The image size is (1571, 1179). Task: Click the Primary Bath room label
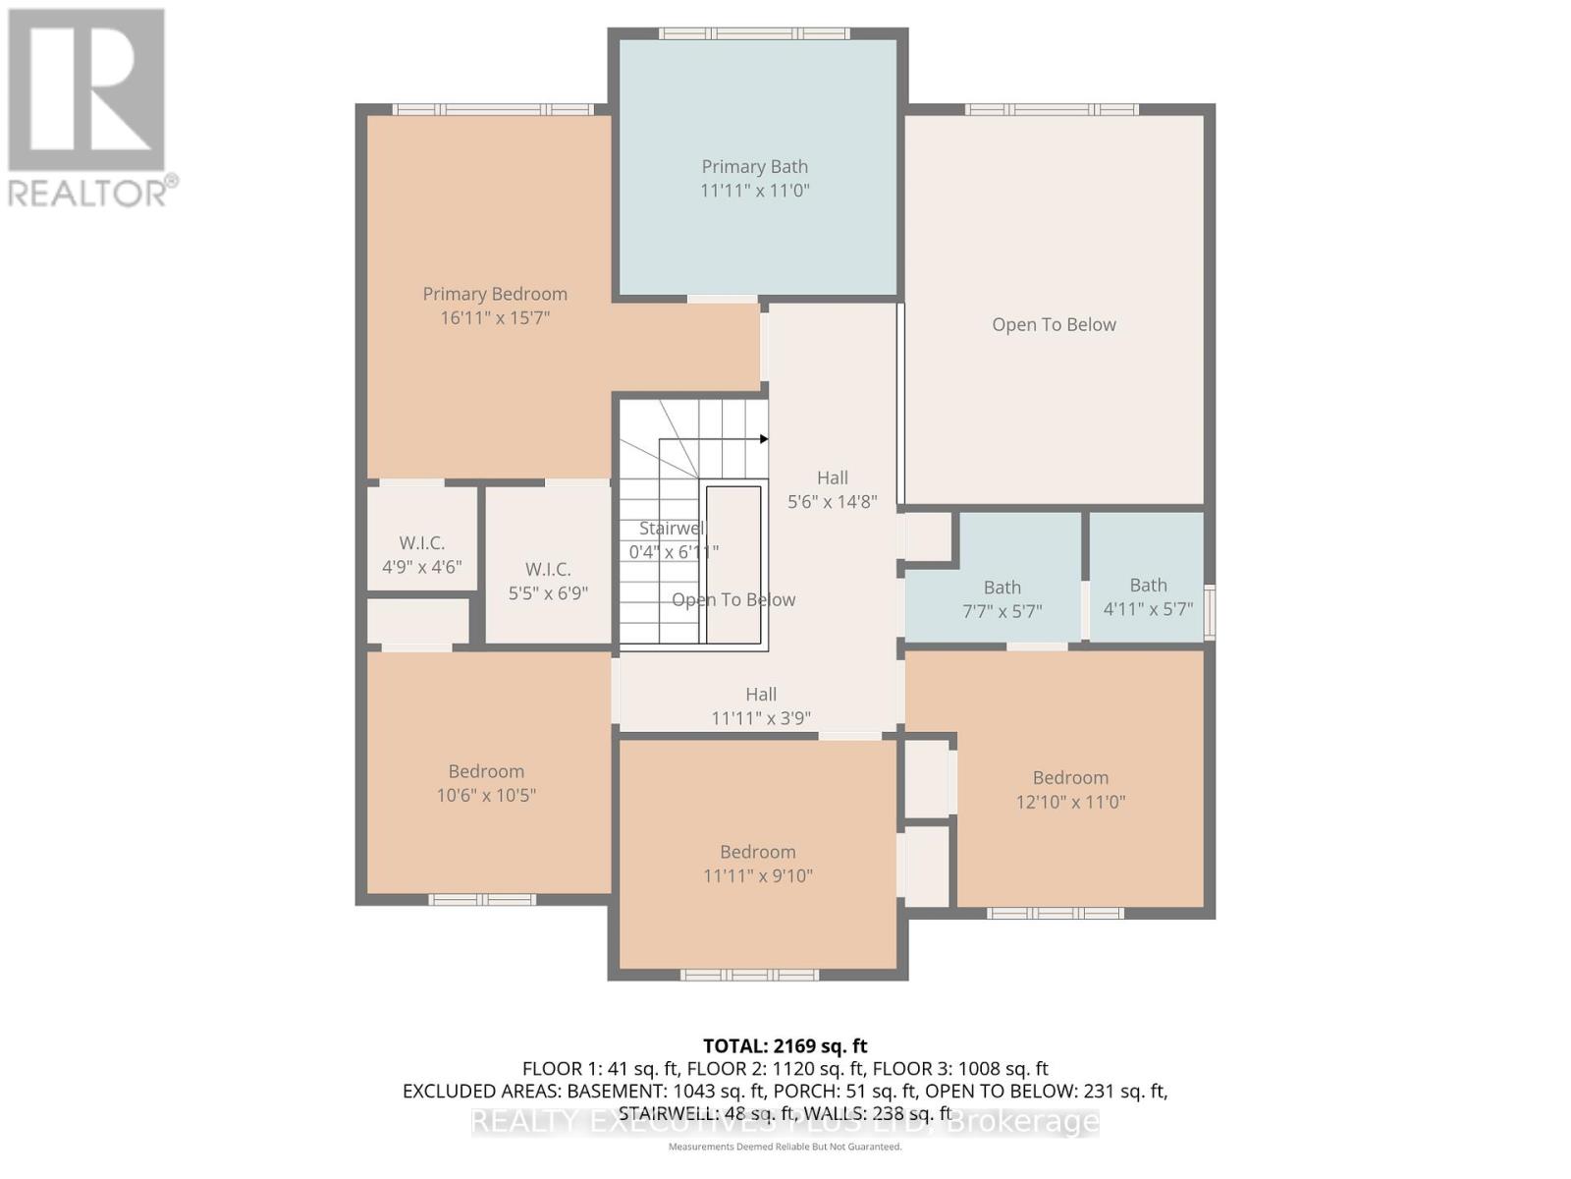coord(754,167)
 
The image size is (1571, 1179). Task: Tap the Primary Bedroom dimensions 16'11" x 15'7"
coord(495,317)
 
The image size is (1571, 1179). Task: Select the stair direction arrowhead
coord(763,439)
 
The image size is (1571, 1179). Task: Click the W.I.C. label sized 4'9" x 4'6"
coord(421,543)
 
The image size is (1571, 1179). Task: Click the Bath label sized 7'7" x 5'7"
coord(1002,588)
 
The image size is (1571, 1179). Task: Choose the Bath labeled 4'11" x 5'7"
coord(1148,586)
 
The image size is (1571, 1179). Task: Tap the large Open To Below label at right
coord(1054,325)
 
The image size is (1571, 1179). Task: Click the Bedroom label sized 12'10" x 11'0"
coord(1070,778)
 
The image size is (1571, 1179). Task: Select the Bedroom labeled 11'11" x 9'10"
coord(757,853)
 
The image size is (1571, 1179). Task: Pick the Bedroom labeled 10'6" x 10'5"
coord(486,772)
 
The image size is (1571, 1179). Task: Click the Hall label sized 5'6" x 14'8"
coord(832,478)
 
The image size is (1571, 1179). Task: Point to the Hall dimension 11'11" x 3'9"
coord(761,718)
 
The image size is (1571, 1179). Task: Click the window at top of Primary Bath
coord(753,33)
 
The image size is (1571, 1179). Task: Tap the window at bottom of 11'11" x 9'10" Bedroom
coord(749,975)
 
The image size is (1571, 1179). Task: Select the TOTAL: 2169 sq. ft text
coord(785,1046)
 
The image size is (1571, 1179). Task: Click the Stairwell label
coord(672,529)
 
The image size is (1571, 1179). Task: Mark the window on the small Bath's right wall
coord(1210,611)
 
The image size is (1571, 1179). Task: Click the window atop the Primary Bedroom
coord(493,109)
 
